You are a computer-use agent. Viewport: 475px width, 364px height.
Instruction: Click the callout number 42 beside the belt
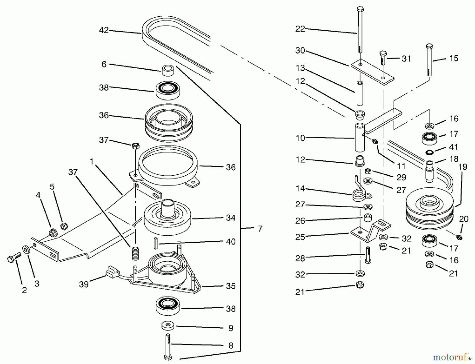pyautogui.click(x=104, y=30)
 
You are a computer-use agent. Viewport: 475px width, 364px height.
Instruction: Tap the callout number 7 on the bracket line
pyautogui.click(x=260, y=228)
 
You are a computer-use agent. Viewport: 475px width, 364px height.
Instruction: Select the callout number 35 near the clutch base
pyautogui.click(x=231, y=286)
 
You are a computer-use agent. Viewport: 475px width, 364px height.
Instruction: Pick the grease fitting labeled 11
pyautogui.click(x=374, y=142)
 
